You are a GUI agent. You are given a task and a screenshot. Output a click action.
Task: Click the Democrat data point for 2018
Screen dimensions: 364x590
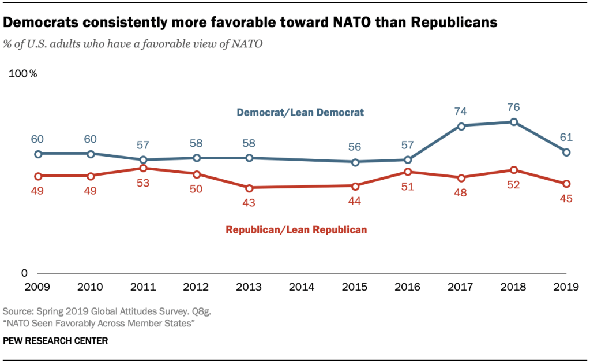pos(513,122)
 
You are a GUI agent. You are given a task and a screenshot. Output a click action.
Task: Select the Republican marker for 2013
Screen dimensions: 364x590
pos(249,188)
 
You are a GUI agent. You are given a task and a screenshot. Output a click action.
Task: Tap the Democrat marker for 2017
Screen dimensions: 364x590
pos(461,126)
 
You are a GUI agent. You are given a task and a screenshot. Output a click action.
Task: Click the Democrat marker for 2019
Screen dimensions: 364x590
pos(566,152)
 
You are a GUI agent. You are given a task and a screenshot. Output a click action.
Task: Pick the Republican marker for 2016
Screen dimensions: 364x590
pos(408,172)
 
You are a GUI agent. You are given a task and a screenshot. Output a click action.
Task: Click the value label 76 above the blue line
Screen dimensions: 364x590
pos(513,107)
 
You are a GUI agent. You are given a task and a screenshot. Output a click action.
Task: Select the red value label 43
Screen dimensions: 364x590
pos(249,203)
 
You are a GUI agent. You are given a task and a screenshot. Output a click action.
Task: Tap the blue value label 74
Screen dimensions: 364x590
pos(461,111)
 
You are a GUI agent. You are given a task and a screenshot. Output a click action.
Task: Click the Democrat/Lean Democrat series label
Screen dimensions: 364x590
pos(300,113)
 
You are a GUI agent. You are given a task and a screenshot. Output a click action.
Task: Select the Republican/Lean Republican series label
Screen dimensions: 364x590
pos(296,229)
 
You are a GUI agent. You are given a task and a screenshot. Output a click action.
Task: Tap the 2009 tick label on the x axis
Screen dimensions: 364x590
pos(38,287)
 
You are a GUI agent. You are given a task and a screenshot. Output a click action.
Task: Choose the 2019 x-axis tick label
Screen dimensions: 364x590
pos(566,287)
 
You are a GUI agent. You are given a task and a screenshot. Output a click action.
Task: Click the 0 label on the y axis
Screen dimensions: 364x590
pos(24,273)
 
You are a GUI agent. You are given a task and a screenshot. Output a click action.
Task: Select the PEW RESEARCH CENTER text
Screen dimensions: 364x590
pos(55,341)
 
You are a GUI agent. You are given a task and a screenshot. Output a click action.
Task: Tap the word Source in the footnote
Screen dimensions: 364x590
pos(17,311)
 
